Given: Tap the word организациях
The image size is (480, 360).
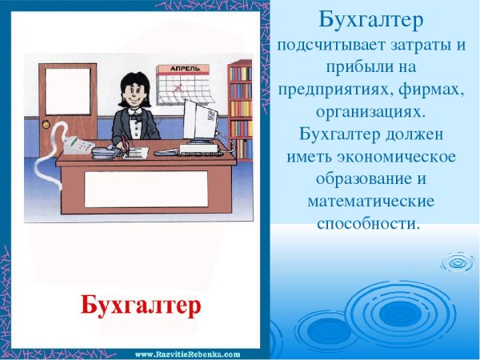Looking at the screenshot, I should point(372,108).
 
